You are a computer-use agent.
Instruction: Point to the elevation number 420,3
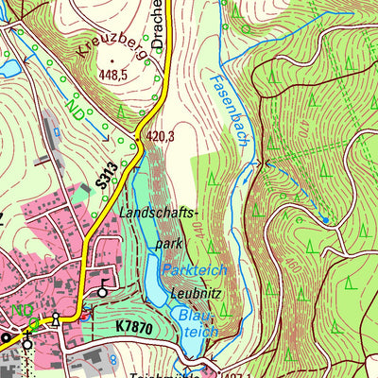coord(161,137)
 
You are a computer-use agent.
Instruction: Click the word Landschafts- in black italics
coord(156,215)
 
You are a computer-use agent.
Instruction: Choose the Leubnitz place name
coord(198,292)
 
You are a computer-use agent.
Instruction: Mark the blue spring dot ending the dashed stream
coord(324,219)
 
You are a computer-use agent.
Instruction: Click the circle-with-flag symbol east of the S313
coord(102,292)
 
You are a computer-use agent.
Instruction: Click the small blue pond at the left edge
coord(7,67)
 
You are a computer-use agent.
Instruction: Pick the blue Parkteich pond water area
coord(156,283)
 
